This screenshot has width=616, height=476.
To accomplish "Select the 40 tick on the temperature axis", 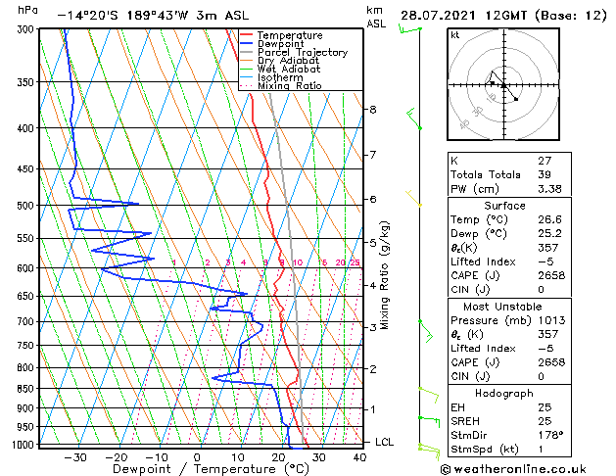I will coord(359,456).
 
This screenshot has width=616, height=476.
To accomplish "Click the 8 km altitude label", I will coord(373,110).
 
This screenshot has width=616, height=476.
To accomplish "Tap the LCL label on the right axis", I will coord(384,442).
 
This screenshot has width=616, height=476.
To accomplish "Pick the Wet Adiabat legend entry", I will coord(288,69).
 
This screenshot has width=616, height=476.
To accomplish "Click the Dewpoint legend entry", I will coord(280,43).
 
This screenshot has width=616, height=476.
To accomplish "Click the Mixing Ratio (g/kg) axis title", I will coord(386,275).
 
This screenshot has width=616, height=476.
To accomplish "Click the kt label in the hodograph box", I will coord(455,34).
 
